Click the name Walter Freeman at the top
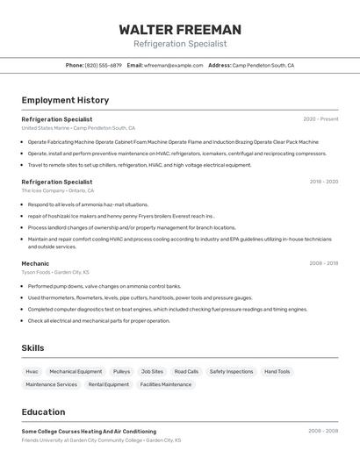point(179,29)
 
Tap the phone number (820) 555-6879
point(104,65)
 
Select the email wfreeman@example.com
point(174,65)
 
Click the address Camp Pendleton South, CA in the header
point(263,65)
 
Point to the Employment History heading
point(65,100)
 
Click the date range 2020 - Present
point(320,119)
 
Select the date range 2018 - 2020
point(323,182)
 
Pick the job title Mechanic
point(35,263)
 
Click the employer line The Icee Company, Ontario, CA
point(57,190)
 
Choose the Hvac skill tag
point(32,371)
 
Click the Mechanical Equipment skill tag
point(76,371)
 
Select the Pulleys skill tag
point(121,371)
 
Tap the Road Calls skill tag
point(186,371)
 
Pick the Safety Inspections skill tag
point(231,371)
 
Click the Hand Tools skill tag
point(277,371)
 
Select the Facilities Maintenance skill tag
point(165,384)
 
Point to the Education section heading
point(43,412)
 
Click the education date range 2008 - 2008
point(323,431)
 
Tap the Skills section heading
point(32,348)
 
